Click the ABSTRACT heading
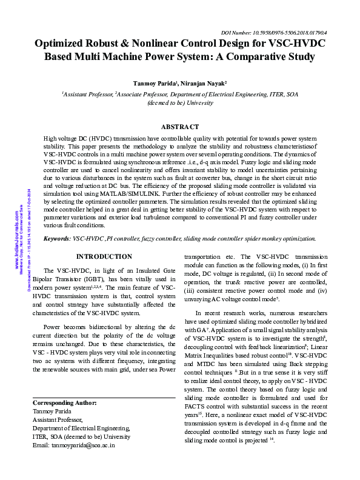(180, 127)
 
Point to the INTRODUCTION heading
(104, 257)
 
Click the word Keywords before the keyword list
(57, 239)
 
